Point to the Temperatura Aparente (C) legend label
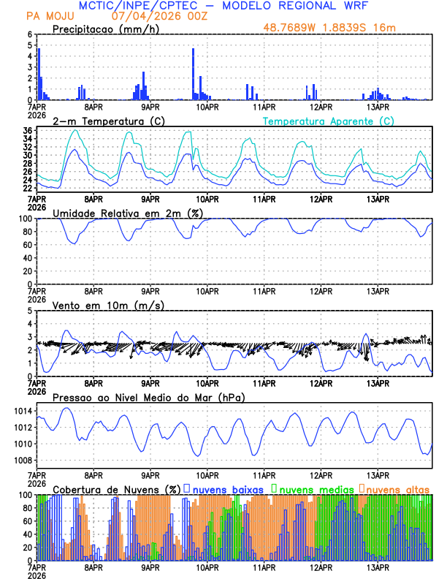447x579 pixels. pyautogui.click(x=328, y=121)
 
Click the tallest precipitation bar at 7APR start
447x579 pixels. pyautogui.click(x=39, y=73)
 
